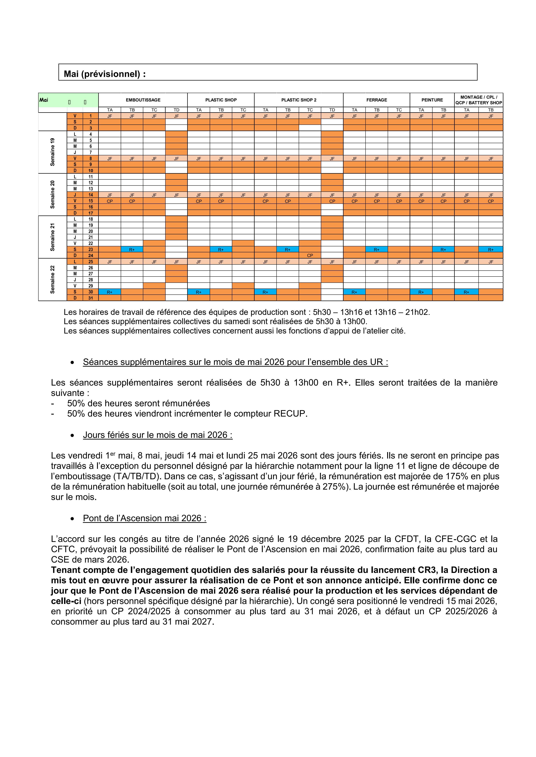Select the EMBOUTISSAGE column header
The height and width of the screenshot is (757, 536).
(143, 100)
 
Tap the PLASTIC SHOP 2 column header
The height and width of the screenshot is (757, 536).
(299, 100)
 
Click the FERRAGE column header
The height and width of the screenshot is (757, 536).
(377, 100)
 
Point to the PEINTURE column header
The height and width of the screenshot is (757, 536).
(432, 100)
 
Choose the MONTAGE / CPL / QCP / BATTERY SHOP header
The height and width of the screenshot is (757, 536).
(479, 100)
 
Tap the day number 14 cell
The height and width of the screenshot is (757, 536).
(91, 195)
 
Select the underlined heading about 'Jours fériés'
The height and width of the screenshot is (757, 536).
(157, 435)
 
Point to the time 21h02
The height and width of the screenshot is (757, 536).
(417, 312)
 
